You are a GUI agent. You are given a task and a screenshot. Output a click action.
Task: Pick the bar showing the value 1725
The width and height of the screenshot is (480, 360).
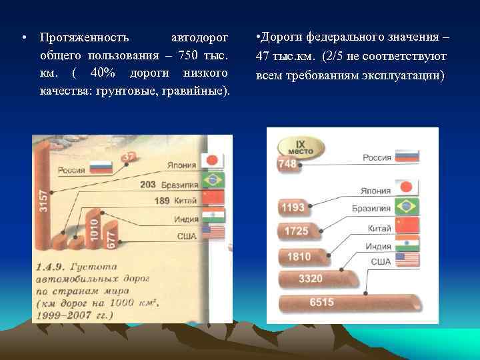click(x=296, y=231)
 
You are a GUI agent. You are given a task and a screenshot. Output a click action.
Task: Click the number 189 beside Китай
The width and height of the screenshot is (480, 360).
click(x=162, y=201)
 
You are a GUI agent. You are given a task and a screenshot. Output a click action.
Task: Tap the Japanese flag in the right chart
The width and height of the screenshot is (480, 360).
click(x=407, y=187)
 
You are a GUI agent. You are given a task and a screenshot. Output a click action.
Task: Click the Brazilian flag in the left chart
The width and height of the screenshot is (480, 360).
click(x=214, y=180)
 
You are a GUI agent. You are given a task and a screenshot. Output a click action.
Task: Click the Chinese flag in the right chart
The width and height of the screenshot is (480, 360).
click(x=407, y=225)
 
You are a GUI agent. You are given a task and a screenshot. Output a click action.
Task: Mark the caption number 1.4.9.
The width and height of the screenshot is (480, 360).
click(x=50, y=267)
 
